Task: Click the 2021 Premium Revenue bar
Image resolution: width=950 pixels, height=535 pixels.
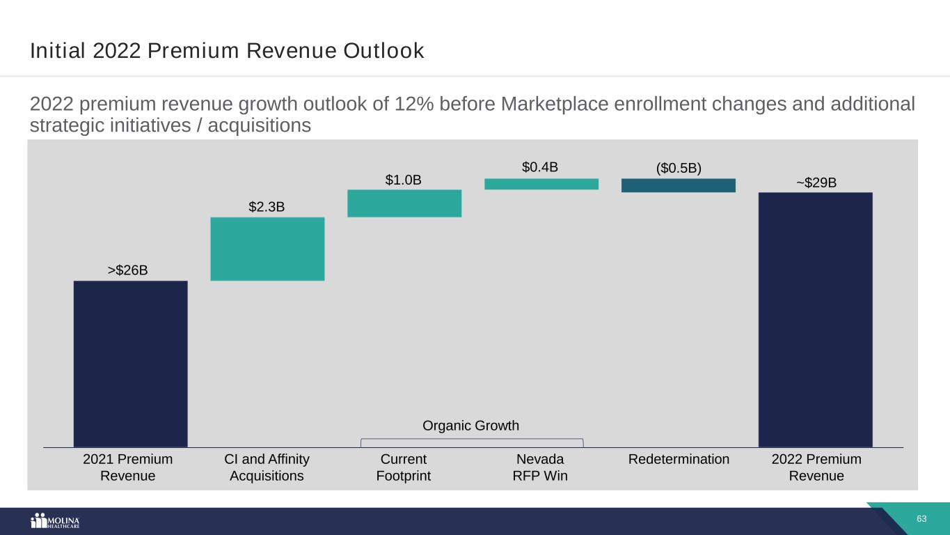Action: (x=130, y=363)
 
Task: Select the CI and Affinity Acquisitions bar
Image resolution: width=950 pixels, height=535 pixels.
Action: (x=267, y=249)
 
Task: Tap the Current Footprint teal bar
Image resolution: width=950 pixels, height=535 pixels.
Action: (x=404, y=203)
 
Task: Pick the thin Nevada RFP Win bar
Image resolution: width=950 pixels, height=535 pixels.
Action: (x=541, y=184)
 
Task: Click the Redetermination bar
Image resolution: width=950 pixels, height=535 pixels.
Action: (x=678, y=185)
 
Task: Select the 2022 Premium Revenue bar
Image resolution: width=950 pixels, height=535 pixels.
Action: (x=815, y=319)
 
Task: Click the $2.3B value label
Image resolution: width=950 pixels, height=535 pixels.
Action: (x=267, y=207)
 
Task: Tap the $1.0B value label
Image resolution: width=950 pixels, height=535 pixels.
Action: (x=404, y=180)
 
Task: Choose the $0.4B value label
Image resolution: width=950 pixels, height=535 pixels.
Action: (x=540, y=167)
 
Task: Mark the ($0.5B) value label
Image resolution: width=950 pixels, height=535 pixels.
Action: (x=678, y=169)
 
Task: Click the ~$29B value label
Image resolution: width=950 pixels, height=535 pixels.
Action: (x=816, y=182)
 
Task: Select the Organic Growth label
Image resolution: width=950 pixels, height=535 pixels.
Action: (x=471, y=426)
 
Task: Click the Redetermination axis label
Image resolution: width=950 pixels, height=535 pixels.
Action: (x=679, y=459)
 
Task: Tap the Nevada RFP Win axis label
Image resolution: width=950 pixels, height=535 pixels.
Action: (x=541, y=467)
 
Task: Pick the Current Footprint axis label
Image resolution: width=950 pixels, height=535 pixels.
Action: (x=404, y=467)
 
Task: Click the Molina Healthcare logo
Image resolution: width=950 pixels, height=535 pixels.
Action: (x=56, y=522)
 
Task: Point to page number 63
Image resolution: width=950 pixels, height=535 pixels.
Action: (x=922, y=519)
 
